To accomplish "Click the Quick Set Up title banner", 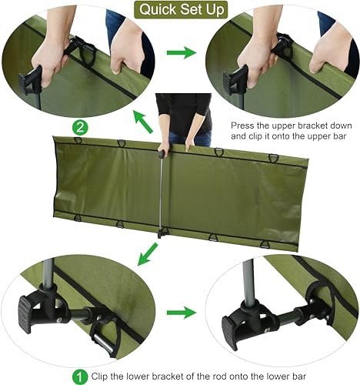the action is click(181, 10).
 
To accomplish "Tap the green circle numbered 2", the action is click(80, 128).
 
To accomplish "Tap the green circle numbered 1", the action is click(80, 377).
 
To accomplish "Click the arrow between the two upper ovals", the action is click(182, 52).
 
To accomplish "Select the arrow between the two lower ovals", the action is click(182, 313).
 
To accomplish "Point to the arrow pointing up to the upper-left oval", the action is click(143, 121).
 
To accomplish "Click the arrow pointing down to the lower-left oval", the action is click(148, 254).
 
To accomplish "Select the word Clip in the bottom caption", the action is click(99, 377).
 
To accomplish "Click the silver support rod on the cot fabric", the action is click(162, 193).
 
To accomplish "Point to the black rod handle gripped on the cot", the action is click(161, 153).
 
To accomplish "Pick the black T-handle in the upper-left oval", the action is click(30, 79).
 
